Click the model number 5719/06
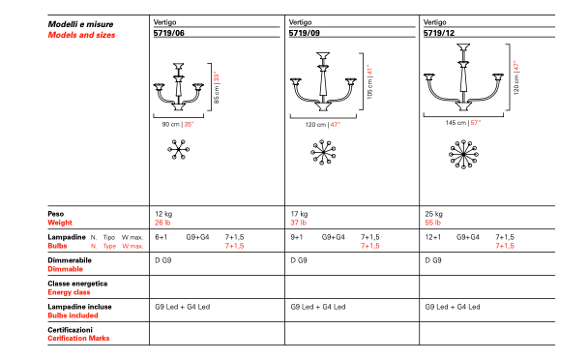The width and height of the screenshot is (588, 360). point(168,33)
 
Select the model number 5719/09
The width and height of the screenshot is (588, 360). point(304,33)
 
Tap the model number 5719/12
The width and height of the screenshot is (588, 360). point(439,33)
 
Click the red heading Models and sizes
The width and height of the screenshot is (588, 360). point(81,35)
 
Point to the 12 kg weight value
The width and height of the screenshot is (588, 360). point(163,214)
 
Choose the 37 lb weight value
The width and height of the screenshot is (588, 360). point(299,223)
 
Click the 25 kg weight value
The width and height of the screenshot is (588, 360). point(433,214)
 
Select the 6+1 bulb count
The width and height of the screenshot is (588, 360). point(161,237)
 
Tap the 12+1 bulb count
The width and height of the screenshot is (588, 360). point(432,237)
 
